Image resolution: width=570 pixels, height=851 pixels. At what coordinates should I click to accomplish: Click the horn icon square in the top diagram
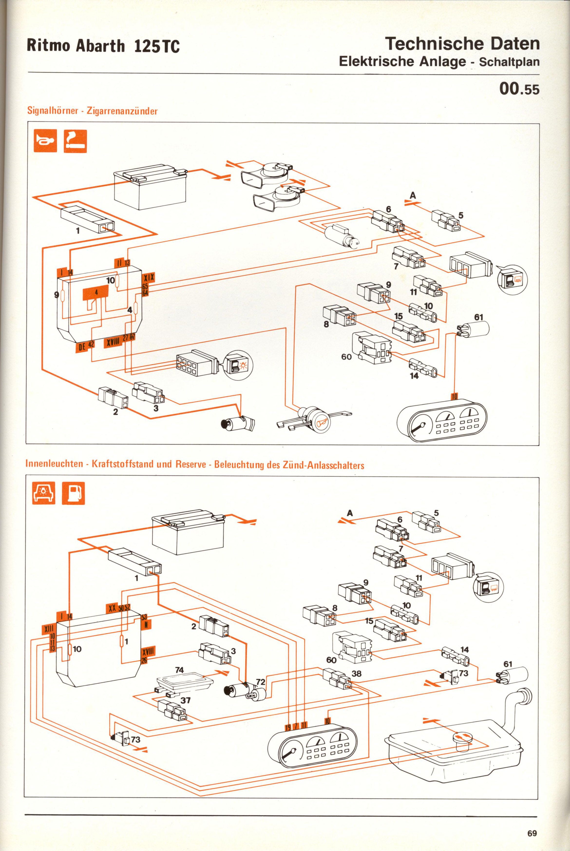pyautogui.click(x=46, y=141)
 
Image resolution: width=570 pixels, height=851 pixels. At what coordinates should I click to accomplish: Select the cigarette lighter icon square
pyautogui.click(x=75, y=141)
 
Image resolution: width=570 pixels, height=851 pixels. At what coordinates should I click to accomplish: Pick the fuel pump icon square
pyautogui.click(x=73, y=493)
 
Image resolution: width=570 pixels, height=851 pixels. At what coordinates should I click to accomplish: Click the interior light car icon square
pyautogui.click(x=44, y=493)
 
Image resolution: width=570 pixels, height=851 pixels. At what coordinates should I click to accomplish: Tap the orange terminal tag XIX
pyautogui.click(x=149, y=278)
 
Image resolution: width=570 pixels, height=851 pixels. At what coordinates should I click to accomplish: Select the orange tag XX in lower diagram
pyautogui.click(x=112, y=608)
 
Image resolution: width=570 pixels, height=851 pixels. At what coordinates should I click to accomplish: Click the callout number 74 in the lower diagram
pyautogui.click(x=180, y=670)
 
